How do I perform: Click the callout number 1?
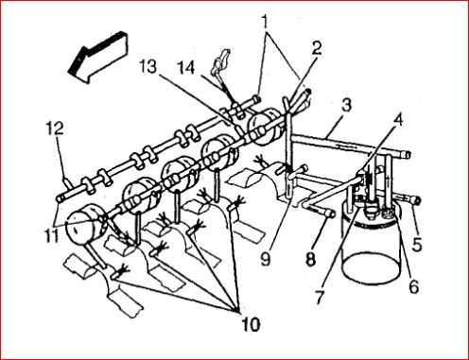(x=266, y=22)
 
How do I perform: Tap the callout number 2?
(x=316, y=48)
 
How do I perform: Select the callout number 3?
(x=346, y=106)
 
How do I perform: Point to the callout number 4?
(x=398, y=120)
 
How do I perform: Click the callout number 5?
(x=417, y=244)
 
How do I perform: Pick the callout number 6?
(x=413, y=286)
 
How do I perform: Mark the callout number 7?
(x=320, y=297)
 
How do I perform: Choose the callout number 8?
(x=310, y=259)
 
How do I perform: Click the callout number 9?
(x=266, y=259)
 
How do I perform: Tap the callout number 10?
(x=251, y=324)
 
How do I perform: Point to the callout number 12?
(x=56, y=129)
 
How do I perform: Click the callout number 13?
(x=148, y=66)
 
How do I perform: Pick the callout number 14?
(x=185, y=67)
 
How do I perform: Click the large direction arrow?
(x=98, y=57)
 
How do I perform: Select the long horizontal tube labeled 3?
(x=350, y=145)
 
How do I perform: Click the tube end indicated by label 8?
(x=330, y=214)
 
